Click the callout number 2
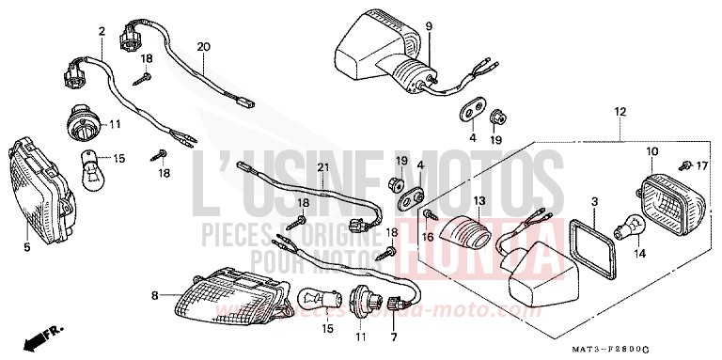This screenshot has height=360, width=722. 101,33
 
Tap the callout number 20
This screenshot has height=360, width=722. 204,46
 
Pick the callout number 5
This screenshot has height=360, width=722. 26,247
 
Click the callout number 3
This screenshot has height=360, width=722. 594,203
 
